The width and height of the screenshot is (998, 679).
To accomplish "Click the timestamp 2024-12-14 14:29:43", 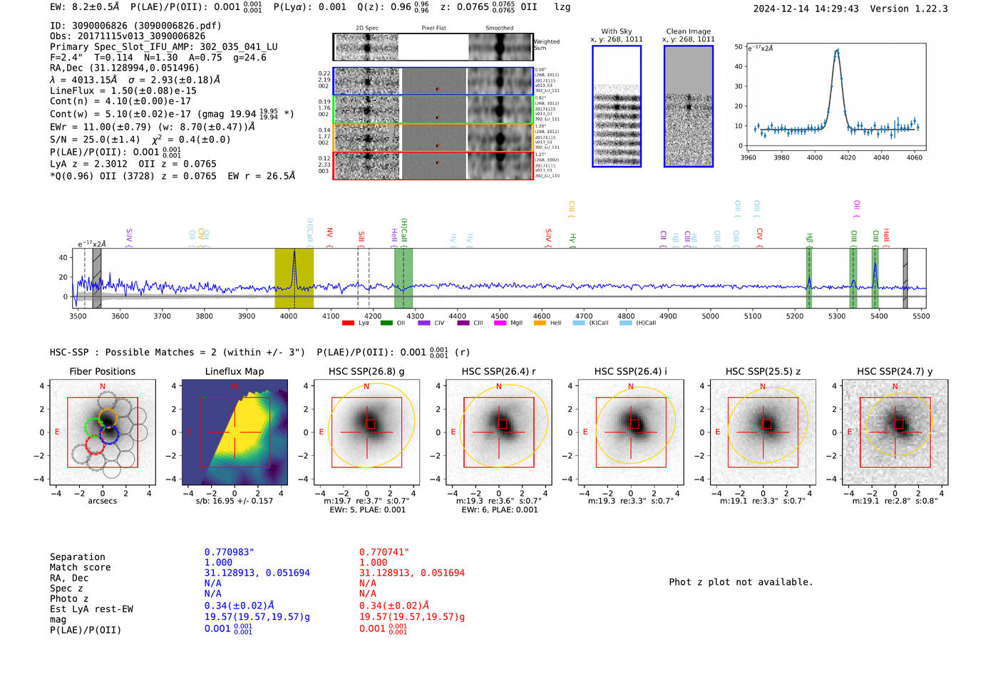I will [806, 9].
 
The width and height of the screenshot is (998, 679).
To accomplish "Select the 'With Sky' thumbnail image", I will [617, 106].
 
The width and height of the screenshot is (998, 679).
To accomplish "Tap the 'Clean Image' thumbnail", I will [689, 106].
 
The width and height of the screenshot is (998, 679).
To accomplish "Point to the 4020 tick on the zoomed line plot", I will [848, 157].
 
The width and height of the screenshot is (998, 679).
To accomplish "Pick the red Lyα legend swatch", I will [349, 323].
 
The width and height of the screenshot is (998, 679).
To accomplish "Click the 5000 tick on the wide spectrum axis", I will [710, 316].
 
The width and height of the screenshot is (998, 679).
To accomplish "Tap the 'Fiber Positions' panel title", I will [102, 371].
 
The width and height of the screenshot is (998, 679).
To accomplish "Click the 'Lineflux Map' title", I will [235, 371].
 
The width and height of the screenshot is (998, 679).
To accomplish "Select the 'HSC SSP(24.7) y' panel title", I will [895, 371].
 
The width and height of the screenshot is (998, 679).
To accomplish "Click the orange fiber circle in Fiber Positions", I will [108, 416].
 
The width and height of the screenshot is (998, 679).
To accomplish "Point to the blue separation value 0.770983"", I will [229, 552].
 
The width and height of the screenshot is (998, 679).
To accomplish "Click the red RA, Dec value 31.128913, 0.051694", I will [411, 573].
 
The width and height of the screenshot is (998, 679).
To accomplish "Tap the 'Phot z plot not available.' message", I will [741, 582].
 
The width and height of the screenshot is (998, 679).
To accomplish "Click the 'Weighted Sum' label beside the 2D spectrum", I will [546, 44].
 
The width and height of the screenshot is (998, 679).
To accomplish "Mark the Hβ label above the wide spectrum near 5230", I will [810, 238].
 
